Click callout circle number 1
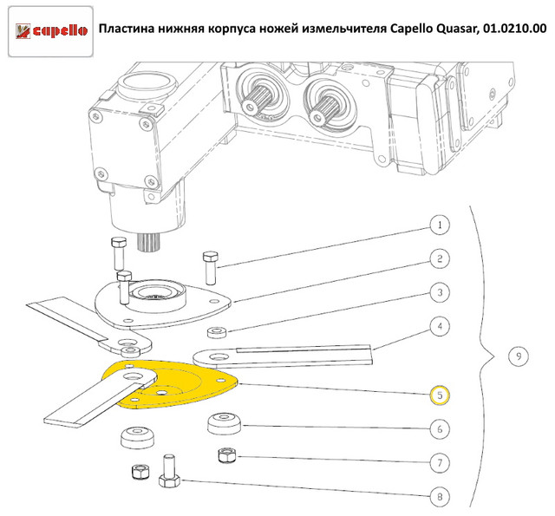tap(440, 225)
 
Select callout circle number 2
tap(440, 258)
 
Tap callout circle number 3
tap(440, 293)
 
